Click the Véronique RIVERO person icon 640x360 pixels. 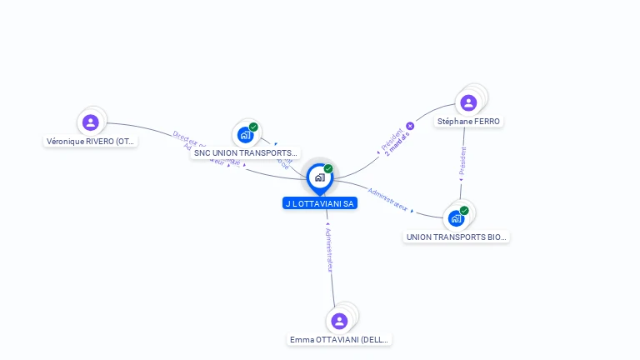[x=91, y=122]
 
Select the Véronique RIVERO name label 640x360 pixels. [x=91, y=142]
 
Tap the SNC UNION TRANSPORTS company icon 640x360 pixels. [x=245, y=134]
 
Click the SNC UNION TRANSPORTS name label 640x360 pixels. [x=245, y=153]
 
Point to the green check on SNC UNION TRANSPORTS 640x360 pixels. [x=253, y=127]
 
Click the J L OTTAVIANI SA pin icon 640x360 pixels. [x=319, y=177]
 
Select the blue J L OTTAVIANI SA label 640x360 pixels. [x=320, y=203]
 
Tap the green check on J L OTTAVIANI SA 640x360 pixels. [x=328, y=169]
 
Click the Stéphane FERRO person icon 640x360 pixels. [x=468, y=102]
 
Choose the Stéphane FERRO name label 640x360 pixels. [x=468, y=122]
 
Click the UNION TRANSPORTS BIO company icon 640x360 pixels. [x=456, y=218]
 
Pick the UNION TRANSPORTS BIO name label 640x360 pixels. [x=456, y=237]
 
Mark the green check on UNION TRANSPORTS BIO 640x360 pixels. [x=464, y=211]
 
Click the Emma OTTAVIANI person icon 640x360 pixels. [x=339, y=321]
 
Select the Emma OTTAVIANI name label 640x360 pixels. [x=339, y=340]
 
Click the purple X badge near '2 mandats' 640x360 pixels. [x=410, y=127]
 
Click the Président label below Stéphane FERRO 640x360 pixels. [x=462, y=161]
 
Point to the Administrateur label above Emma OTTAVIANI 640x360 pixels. [x=329, y=247]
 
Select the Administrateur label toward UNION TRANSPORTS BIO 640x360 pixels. [x=387, y=199]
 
